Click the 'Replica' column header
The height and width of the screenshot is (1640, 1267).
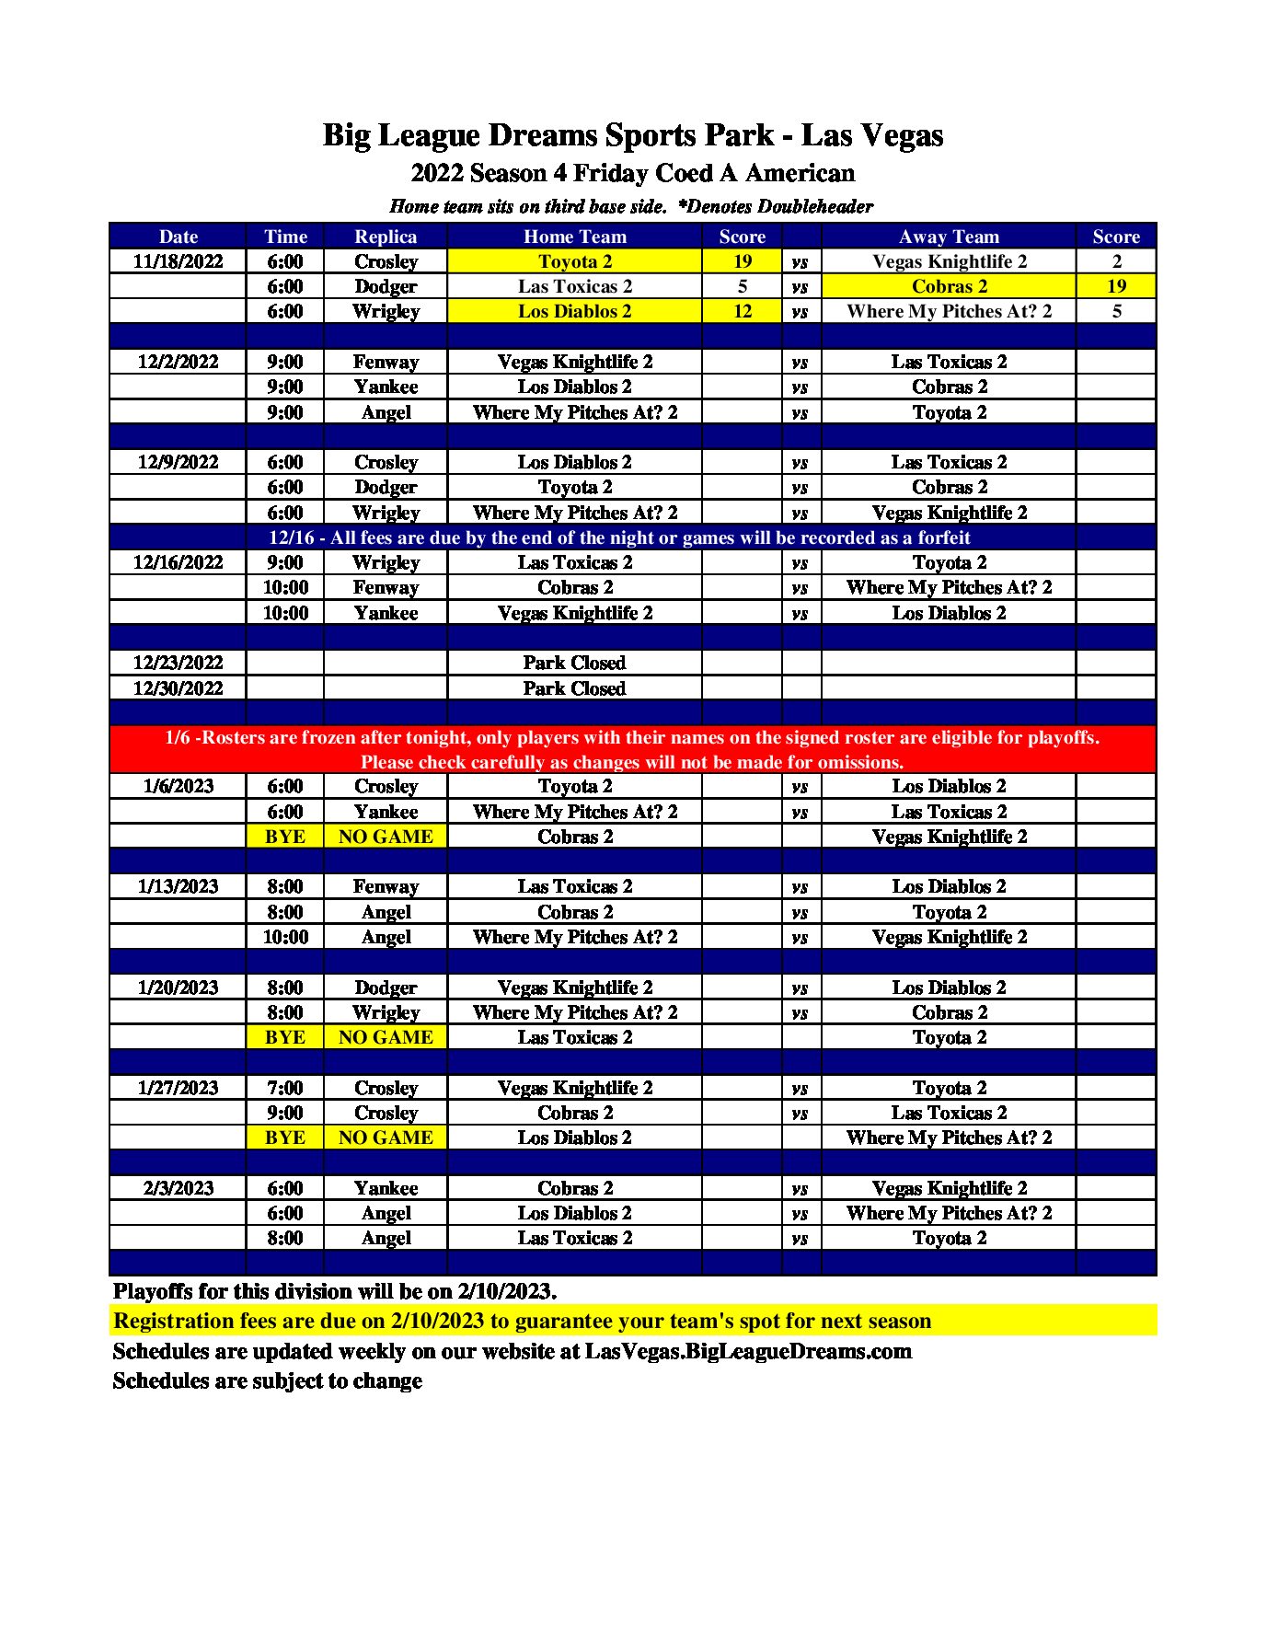[386, 237]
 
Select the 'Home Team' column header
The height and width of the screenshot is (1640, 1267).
[574, 237]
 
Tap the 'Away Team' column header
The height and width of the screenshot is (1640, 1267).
[949, 237]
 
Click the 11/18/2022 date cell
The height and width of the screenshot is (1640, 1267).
[178, 261]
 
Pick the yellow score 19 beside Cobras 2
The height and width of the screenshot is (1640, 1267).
[1116, 286]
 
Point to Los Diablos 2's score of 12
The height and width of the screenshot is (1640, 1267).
[742, 311]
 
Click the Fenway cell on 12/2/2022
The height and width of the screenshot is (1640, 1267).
[386, 362]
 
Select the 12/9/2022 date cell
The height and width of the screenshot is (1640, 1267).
[178, 462]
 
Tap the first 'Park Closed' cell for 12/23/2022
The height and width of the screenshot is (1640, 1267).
[574, 663]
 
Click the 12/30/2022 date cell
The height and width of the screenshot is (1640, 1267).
[178, 688]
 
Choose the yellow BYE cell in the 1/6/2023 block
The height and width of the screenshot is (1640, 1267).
[284, 837]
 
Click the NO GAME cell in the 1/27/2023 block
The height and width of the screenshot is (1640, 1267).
[386, 1138]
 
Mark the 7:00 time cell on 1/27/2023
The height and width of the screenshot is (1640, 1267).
[284, 1088]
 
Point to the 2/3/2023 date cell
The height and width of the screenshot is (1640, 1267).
[178, 1188]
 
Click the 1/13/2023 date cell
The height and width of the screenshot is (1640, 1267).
[178, 886]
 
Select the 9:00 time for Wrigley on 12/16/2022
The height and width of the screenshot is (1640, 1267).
[284, 562]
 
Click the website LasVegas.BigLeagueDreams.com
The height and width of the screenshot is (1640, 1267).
[748, 1351]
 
